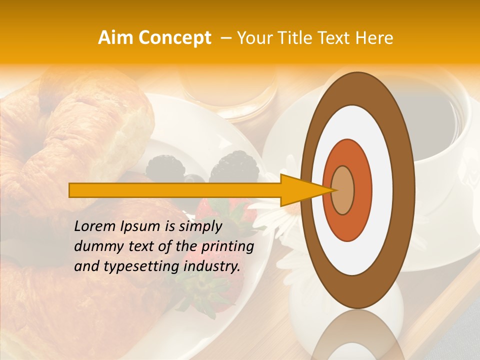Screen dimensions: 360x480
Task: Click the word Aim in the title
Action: tap(116, 38)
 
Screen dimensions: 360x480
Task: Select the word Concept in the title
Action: tap(174, 38)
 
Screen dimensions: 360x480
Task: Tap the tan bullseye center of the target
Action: tap(342, 190)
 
